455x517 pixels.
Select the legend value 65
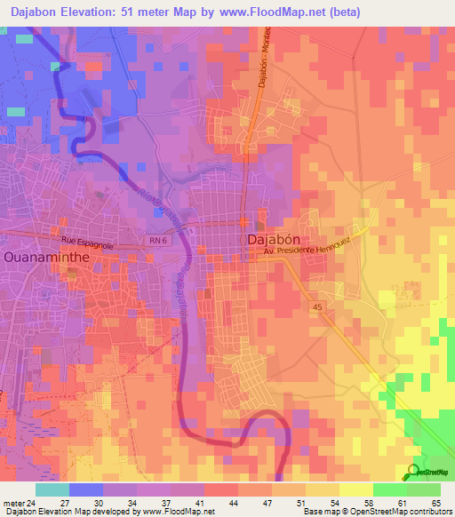(x=435, y=502)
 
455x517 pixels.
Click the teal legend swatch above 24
(x=52, y=489)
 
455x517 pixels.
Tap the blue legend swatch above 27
(x=86, y=489)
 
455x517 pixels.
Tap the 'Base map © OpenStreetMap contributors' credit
(x=376, y=512)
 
